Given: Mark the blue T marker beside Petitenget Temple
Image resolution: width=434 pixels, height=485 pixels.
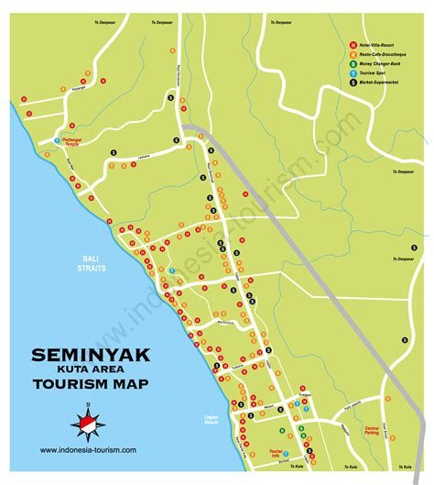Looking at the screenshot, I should tap(57, 141).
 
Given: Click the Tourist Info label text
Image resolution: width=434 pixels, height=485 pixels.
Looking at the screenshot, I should tap(272, 453).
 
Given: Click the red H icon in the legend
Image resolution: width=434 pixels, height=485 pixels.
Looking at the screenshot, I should tap(354, 45).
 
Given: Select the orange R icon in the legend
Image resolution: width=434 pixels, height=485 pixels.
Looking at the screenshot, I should tap(354, 54).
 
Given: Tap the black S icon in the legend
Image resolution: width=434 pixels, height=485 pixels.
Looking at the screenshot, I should tap(354, 83).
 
